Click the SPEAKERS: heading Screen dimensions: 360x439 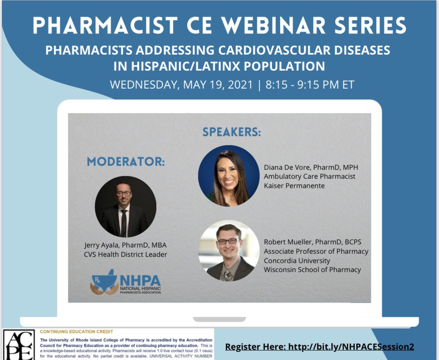point(232,132)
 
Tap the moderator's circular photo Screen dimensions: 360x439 point(125,207)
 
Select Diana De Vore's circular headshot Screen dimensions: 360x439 point(229,176)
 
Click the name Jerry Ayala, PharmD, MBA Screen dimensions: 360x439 point(125,245)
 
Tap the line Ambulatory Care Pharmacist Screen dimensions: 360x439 point(309,176)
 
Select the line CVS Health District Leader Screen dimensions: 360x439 point(125,255)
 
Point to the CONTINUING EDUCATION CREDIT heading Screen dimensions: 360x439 point(77,332)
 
